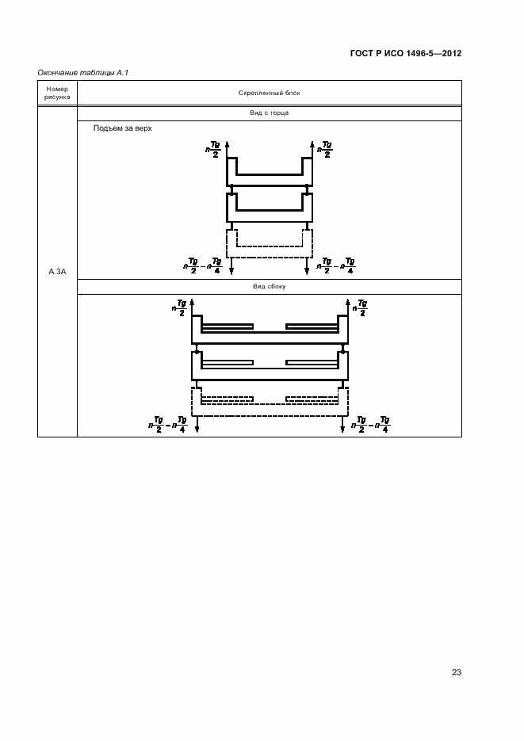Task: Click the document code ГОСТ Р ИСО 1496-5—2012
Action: pyautogui.click(x=405, y=53)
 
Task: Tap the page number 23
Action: pyautogui.click(x=457, y=672)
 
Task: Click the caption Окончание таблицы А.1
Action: pyautogui.click(x=82, y=73)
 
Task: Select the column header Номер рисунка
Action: pyautogui.click(x=57, y=93)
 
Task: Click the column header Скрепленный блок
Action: pyautogui.click(x=269, y=93)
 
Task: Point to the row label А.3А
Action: pyautogui.click(x=57, y=272)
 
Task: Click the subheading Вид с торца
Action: pyautogui.click(x=269, y=113)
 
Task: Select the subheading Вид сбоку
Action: pyautogui.click(x=269, y=286)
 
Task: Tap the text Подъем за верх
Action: pyautogui.click(x=122, y=128)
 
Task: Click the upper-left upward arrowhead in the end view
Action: pyautogui.click(x=228, y=143)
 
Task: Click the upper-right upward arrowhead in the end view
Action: pyautogui.click(x=312, y=143)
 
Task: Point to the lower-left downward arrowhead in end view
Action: pyautogui.click(x=231, y=271)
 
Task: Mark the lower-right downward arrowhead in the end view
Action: pyautogui.click(x=307, y=271)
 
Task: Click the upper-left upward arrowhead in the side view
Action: pyautogui.click(x=192, y=302)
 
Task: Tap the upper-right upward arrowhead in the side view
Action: pyautogui.click(x=347, y=302)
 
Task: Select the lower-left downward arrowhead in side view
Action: pyautogui.click(x=197, y=429)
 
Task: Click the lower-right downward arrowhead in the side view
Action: pyautogui.click(x=342, y=429)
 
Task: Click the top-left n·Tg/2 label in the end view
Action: pyautogui.click(x=213, y=149)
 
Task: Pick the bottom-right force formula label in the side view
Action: pyautogui.click(x=371, y=424)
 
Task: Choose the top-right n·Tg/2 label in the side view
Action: pyautogui.click(x=360, y=307)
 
